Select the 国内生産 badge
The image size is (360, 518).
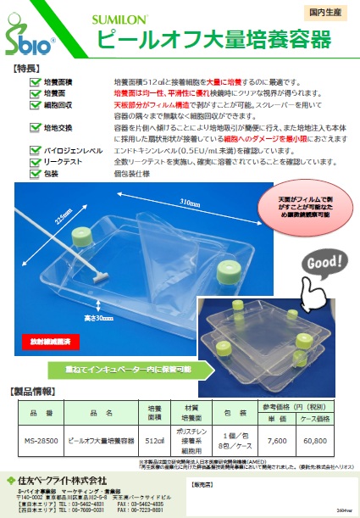coord(326,12)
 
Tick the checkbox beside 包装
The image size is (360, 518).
coord(35,173)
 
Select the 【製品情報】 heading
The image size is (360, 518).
coord(35,393)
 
